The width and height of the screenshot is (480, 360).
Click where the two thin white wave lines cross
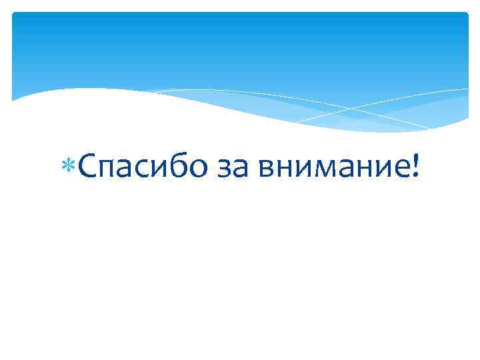[347, 108]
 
